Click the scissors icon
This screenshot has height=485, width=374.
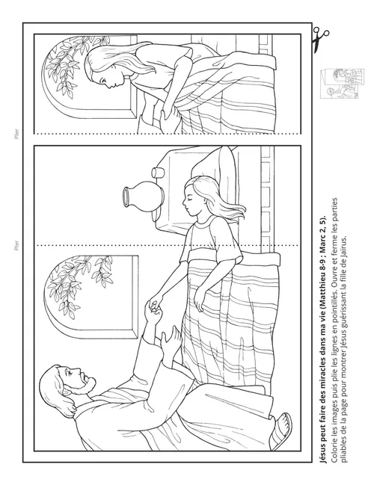[320, 40]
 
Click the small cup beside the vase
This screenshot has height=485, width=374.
[157, 173]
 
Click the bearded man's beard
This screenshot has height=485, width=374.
[86, 383]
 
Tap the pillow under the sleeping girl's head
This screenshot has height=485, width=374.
[214, 167]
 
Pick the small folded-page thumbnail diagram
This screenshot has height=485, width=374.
[342, 84]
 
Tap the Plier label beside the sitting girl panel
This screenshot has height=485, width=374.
[16, 134]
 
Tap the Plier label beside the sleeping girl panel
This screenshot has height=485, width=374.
[16, 245]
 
